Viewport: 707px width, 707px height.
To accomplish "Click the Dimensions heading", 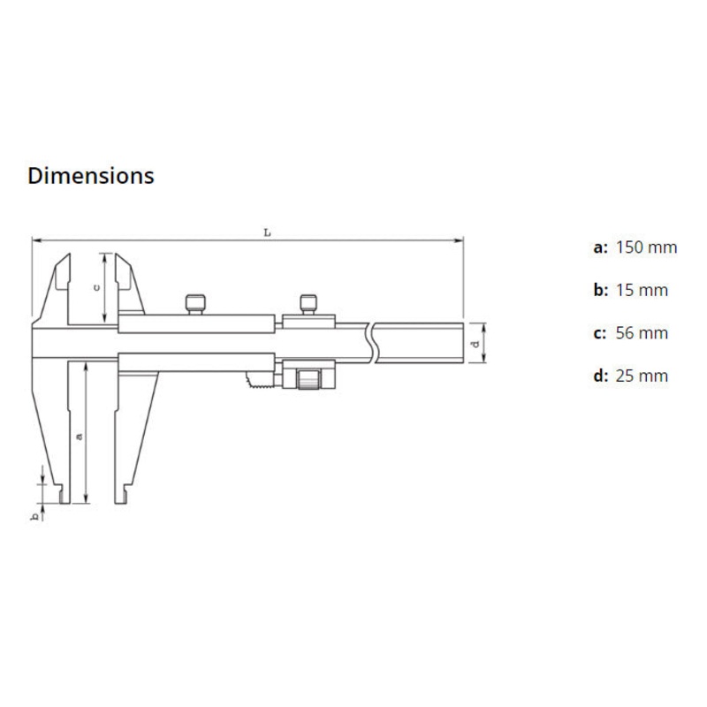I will (x=91, y=176).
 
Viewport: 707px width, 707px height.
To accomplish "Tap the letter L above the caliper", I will (x=266, y=232).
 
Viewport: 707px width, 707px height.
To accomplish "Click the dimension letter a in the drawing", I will (x=79, y=435).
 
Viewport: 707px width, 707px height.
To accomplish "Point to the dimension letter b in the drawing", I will (x=36, y=515).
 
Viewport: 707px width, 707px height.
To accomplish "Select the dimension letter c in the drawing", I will (x=99, y=287).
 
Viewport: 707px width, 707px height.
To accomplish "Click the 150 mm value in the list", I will (x=646, y=247).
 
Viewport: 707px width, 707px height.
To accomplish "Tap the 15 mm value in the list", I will (x=642, y=291).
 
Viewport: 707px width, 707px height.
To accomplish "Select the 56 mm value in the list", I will (x=642, y=333).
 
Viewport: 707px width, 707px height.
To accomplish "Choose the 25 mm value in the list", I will (x=642, y=376).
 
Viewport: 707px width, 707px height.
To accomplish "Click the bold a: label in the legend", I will (x=600, y=247).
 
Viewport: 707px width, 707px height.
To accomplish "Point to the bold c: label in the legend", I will (x=600, y=333).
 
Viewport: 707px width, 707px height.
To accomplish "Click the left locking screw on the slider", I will (x=196, y=303).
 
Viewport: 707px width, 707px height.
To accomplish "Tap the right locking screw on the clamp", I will (x=308, y=303).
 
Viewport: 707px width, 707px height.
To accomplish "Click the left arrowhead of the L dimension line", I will (x=35, y=239).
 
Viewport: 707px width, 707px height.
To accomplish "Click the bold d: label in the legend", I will (x=600, y=376).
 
